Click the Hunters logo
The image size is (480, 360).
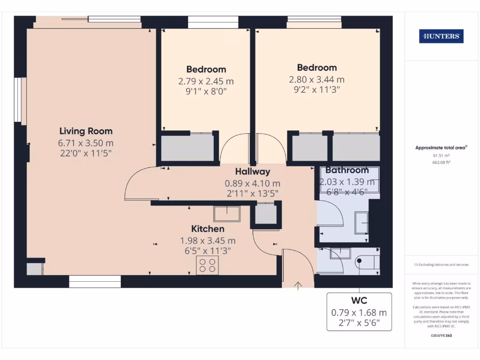(441, 36)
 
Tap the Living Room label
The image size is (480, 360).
(86, 131)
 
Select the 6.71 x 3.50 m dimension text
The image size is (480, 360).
(86, 143)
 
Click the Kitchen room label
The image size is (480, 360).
(208, 229)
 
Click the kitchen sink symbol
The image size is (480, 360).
(227, 213)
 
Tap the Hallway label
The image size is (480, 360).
(253, 172)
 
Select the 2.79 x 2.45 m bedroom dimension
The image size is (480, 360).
(206, 81)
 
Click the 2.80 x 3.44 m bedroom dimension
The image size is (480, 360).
(317, 80)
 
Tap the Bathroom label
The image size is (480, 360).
(347, 170)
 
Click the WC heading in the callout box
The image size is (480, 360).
(359, 300)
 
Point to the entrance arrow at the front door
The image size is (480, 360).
(298, 285)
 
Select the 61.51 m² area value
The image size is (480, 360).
(441, 155)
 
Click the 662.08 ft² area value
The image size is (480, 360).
(441, 162)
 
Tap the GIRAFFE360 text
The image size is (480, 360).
(441, 336)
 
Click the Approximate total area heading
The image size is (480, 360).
(441, 148)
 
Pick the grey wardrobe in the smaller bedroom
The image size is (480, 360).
(187, 149)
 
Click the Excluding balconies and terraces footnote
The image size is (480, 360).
(441, 265)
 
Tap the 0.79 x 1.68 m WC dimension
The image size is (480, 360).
(359, 313)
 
